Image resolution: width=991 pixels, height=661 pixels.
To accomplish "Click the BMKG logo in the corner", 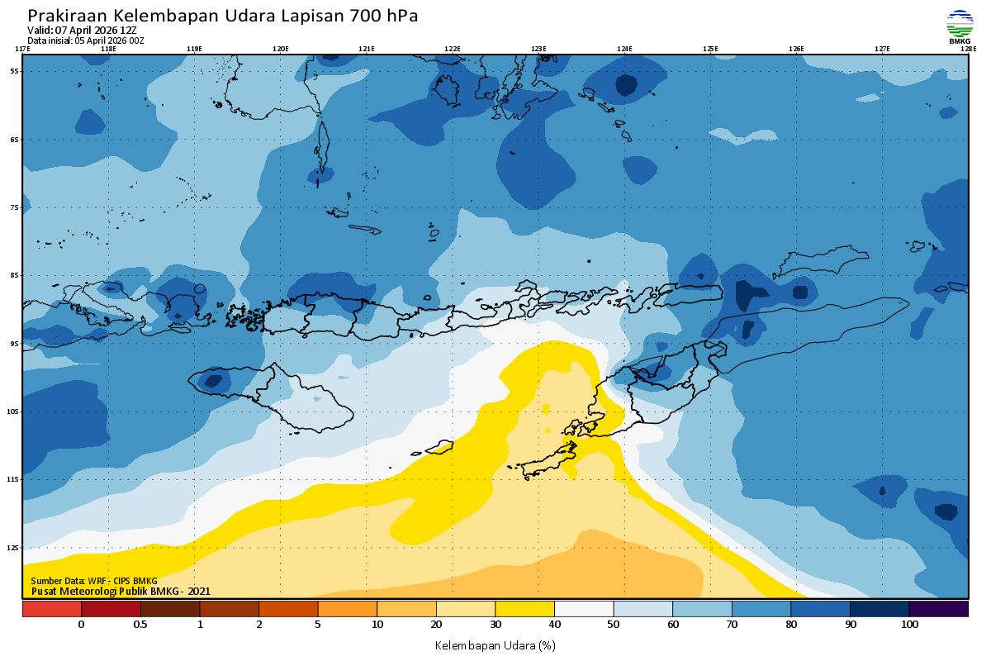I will [960, 26].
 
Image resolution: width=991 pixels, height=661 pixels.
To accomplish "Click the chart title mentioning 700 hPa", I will [223, 16].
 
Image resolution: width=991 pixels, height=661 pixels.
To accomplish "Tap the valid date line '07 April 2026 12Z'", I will [82, 30].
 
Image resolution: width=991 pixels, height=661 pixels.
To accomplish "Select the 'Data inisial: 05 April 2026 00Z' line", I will [86, 40].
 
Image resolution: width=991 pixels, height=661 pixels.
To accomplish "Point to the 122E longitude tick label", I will [452, 49].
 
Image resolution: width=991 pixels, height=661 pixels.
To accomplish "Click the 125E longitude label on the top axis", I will [710, 49].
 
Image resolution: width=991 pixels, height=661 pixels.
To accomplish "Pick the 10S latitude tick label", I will [14, 411].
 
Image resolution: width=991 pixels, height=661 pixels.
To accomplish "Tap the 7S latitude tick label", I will [14, 207].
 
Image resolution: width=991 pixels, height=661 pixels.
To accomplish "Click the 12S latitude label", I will [14, 548].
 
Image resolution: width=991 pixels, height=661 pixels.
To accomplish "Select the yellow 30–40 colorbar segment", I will [524, 608].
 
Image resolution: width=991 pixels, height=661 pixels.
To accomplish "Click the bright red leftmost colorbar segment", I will [51, 608].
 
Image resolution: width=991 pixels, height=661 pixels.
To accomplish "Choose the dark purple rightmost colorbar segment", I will [938, 608].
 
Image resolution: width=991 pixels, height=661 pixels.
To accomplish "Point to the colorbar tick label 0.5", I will [140, 625].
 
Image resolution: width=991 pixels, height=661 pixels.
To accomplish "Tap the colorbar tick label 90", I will [850, 625].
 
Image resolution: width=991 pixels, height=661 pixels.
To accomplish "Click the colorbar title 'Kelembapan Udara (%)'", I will [495, 644].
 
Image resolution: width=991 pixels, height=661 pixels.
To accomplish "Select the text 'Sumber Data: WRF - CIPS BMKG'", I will [93, 582].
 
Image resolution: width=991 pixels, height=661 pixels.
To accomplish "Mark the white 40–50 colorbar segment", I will [583, 608].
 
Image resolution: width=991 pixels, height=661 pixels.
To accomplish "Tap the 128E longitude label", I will [968, 49].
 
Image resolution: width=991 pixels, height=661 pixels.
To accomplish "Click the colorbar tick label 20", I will [436, 625].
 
